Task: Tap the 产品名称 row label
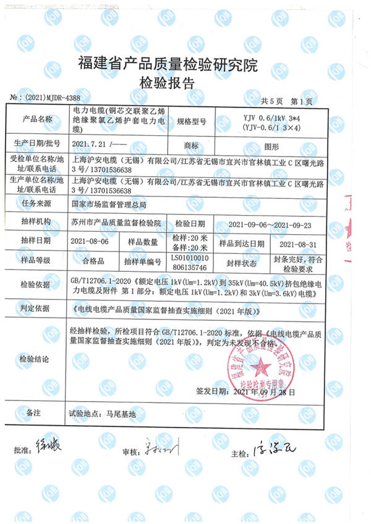(x=38, y=119)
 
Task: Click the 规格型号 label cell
(x=191, y=119)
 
